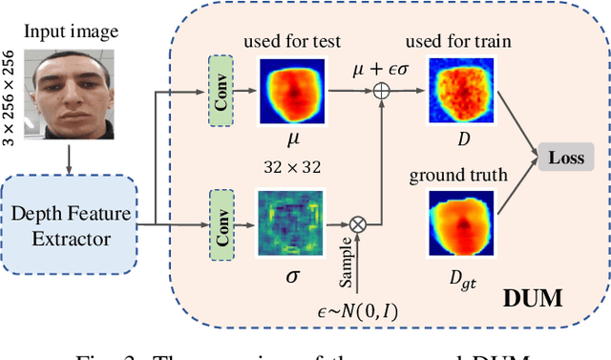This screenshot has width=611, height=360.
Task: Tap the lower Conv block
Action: coord(221,224)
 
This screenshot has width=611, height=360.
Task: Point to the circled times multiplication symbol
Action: coord(360,225)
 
